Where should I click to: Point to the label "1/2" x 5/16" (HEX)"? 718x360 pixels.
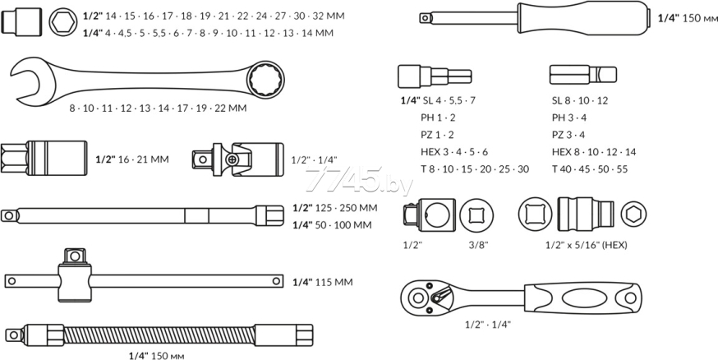click(x=587, y=244)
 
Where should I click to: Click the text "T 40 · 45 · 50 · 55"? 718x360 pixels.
click(x=590, y=168)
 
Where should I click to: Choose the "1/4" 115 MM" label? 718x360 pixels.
click(x=322, y=282)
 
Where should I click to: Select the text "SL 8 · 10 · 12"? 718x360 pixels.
click(x=580, y=99)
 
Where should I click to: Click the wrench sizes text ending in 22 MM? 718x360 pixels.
click(x=158, y=108)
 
